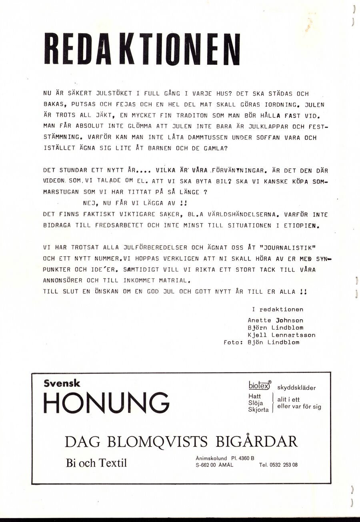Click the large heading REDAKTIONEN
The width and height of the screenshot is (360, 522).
tap(142, 49)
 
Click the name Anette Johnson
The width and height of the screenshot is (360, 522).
tap(275, 320)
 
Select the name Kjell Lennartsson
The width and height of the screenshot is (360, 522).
tap(281, 335)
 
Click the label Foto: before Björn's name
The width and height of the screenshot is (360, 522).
tap(234, 342)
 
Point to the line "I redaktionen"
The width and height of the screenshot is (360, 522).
tap(277, 309)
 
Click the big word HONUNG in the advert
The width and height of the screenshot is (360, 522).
tap(106, 402)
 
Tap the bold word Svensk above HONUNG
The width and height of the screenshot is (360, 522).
tap(62, 383)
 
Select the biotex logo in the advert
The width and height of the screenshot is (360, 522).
tap(260, 385)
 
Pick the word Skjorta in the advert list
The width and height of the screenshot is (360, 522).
tap(258, 410)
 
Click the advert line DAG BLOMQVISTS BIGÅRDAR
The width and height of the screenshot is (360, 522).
tap(181, 441)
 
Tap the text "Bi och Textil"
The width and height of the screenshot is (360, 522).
tap(96, 463)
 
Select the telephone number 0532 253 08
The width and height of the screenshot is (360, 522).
tap(285, 465)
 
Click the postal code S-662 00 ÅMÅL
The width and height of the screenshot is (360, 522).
tap(216, 465)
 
